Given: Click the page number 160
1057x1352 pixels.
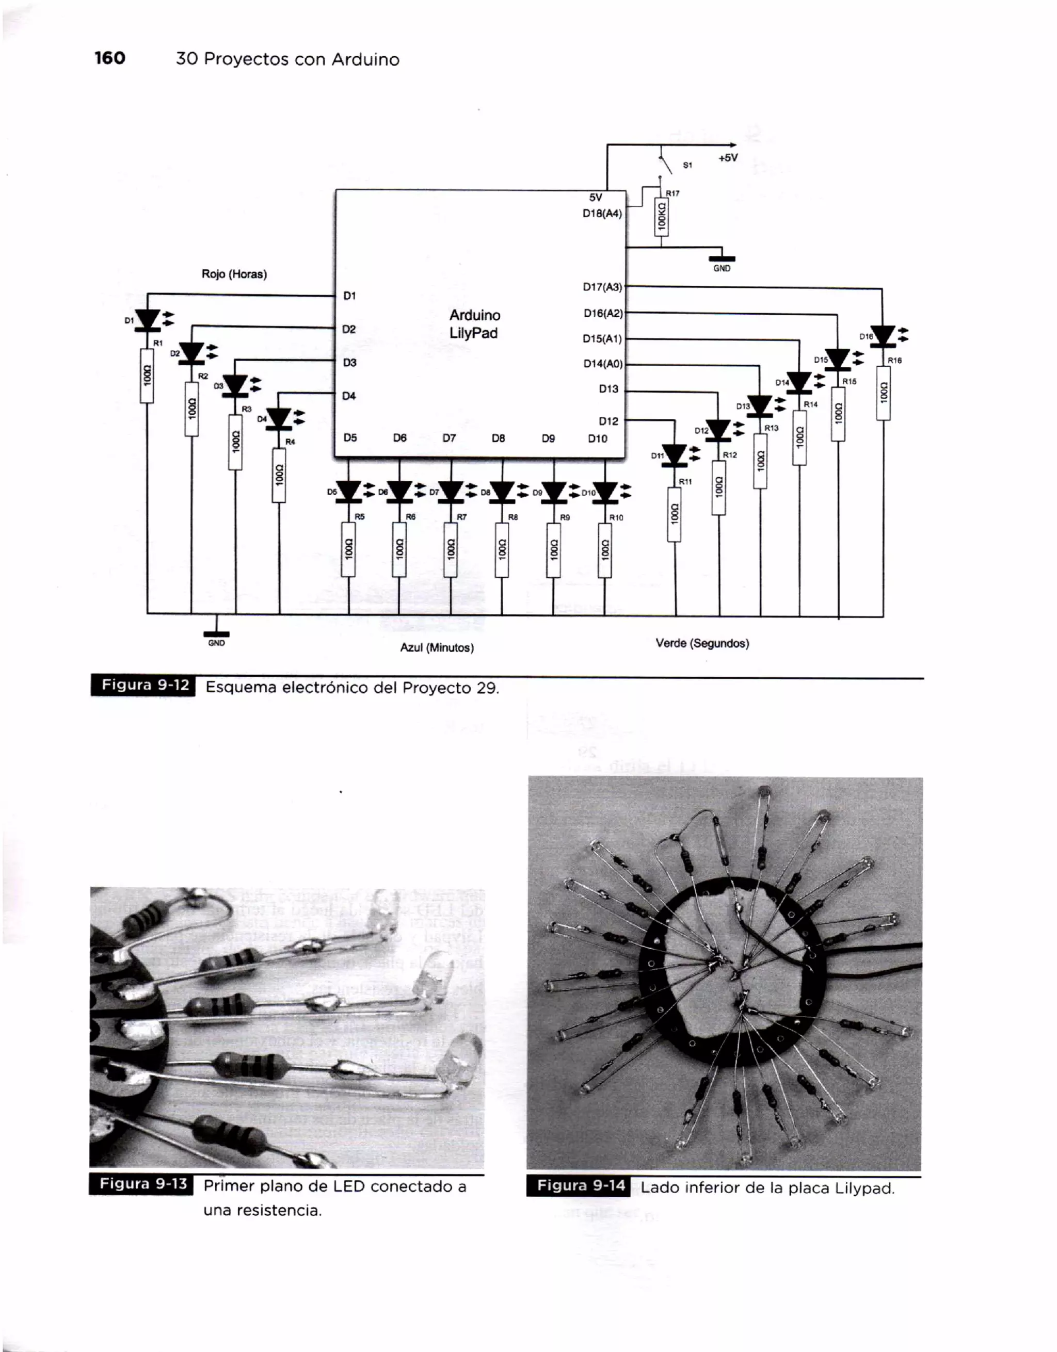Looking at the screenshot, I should pos(109,58).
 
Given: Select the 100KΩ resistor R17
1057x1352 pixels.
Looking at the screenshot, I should pos(661,217).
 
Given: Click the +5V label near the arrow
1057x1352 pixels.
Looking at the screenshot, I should pos(728,158).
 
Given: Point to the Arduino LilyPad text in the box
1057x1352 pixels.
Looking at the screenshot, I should pos(474,324).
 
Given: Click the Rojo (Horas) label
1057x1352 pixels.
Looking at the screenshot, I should pos(234,274).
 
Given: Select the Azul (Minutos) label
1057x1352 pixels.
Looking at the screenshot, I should pos(437,647).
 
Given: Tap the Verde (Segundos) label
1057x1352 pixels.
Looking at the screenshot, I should pos(702,643).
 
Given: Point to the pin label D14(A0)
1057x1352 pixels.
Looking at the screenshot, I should pos(602,364).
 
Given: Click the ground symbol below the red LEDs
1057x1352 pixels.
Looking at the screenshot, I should pos(216,634).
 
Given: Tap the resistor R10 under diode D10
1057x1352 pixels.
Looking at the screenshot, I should pos(604,550).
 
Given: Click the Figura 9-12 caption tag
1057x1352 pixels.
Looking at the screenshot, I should pos(143,686).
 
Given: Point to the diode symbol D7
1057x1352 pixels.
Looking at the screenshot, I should pos(451,492).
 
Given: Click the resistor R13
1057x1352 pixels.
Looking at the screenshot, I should pos(760,461).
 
